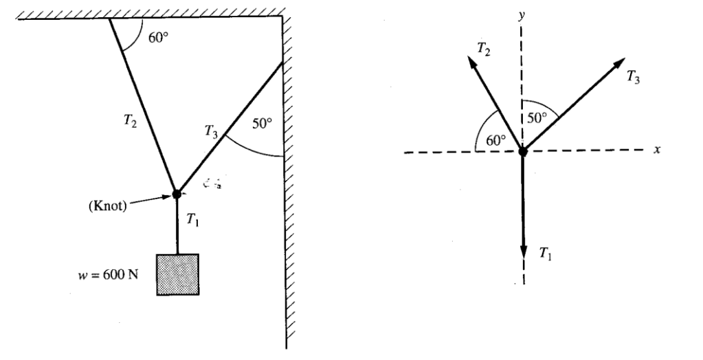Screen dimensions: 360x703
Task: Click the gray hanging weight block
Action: [178, 274]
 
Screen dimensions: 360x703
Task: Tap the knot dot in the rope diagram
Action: [176, 194]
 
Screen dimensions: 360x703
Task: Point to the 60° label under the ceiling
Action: [157, 37]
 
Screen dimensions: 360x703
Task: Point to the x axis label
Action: [657, 149]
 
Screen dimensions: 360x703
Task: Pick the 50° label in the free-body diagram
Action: [537, 116]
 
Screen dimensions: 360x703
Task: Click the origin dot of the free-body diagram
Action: [522, 150]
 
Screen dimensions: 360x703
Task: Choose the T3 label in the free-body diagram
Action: [634, 78]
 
